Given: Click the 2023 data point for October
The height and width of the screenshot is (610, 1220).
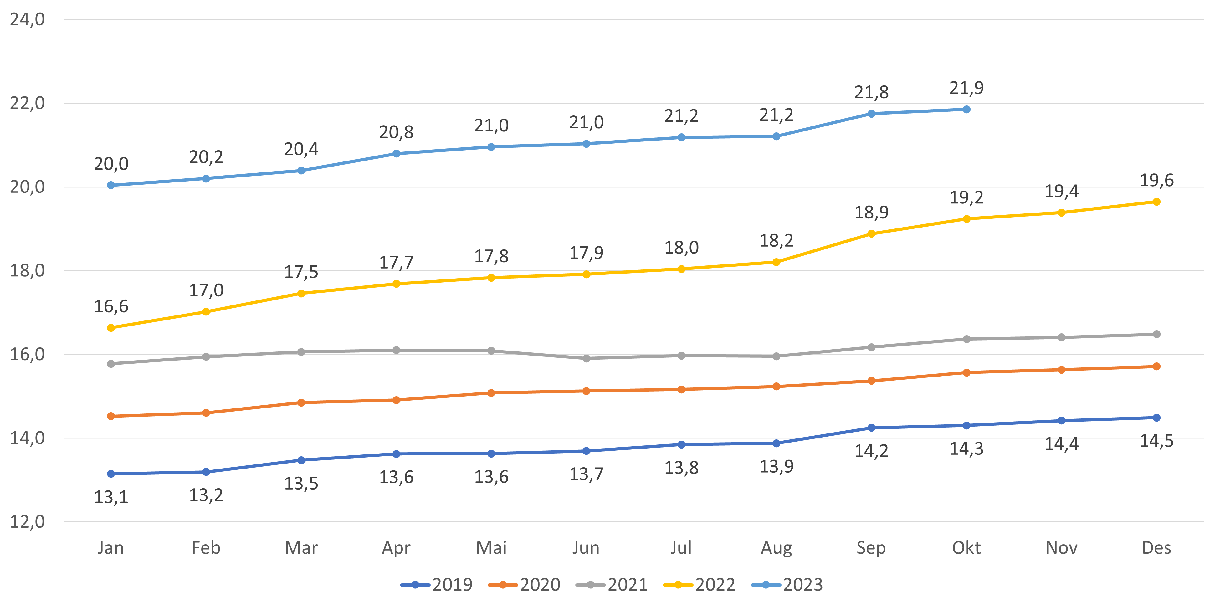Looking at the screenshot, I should click(966, 110).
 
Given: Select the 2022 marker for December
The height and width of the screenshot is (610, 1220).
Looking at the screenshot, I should click(1156, 202).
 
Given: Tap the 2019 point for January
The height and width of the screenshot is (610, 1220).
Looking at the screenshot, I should click(111, 474).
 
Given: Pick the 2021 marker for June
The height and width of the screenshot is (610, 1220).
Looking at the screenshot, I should click(586, 358).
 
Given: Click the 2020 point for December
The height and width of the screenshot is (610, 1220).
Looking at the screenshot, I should click(1156, 367).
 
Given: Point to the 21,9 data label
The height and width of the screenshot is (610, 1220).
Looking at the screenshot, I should click(966, 88).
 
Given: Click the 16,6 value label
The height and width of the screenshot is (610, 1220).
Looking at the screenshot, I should click(111, 306).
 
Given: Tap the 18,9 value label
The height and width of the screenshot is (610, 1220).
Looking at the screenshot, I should click(871, 213).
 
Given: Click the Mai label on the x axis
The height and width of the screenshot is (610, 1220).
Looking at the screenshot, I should click(491, 548).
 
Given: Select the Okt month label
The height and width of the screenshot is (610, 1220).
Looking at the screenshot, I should click(966, 548).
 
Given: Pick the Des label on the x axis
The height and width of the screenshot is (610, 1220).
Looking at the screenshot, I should click(1156, 548).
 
